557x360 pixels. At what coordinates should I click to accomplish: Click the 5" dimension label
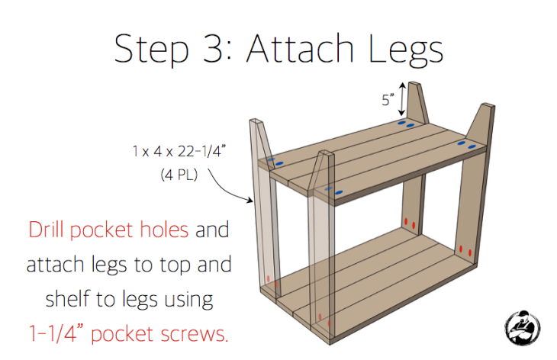389,98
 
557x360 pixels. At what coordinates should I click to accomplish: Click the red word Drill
50,230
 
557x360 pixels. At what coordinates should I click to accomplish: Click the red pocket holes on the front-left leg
269,278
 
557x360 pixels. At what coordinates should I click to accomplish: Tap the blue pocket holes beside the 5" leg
405,123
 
